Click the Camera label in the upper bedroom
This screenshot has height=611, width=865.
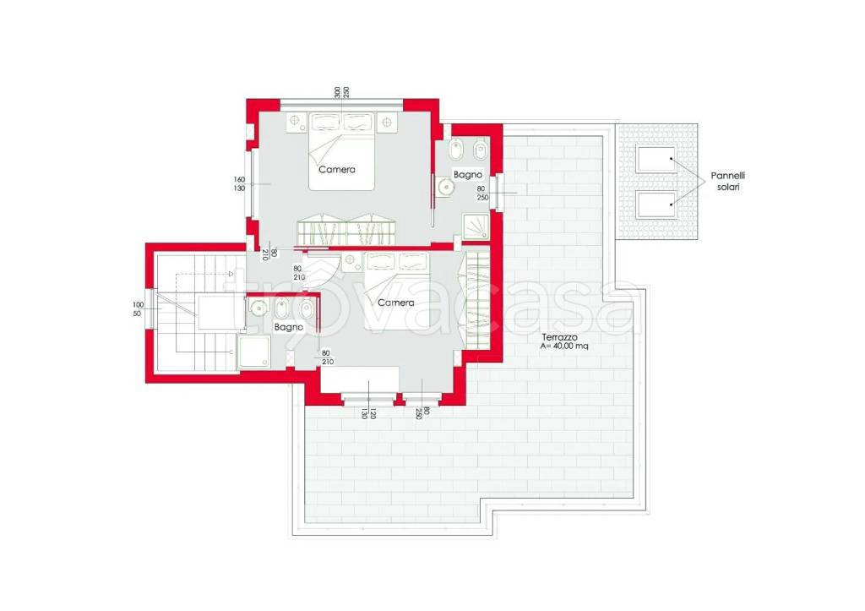(x=337, y=170)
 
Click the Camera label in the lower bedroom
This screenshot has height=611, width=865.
(x=395, y=303)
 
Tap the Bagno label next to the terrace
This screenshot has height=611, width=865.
(x=468, y=174)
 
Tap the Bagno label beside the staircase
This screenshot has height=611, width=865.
(x=289, y=327)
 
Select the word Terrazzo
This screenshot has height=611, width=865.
(x=559, y=336)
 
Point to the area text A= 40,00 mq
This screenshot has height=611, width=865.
(x=564, y=346)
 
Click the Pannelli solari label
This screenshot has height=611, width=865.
(x=727, y=181)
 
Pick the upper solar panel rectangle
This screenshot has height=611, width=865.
(x=656, y=158)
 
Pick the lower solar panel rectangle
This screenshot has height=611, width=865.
(x=656, y=205)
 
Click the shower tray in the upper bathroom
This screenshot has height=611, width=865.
(x=476, y=226)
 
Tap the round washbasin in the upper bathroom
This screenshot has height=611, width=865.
(x=444, y=188)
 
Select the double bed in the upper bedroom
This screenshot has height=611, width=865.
(x=341, y=151)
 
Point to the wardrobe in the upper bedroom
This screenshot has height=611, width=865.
(x=347, y=231)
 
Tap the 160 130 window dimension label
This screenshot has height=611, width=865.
(x=239, y=183)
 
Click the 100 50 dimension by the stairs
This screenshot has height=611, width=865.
(x=138, y=309)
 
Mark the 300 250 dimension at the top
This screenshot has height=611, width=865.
(x=341, y=92)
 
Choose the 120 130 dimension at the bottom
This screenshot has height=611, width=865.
(x=368, y=413)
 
